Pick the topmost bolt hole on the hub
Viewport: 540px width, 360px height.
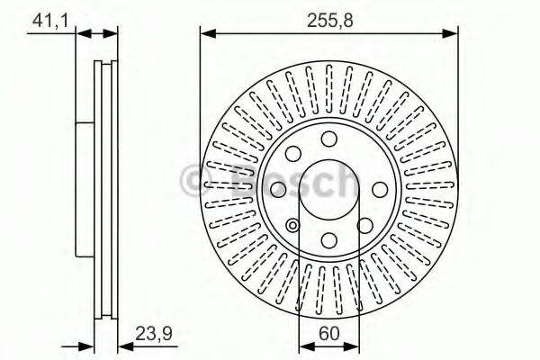click(x=329, y=139)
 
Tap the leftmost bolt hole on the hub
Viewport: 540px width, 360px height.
click(x=280, y=188)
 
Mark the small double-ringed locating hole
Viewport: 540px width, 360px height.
click(x=293, y=226)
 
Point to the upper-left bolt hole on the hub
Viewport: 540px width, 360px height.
click(x=294, y=153)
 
